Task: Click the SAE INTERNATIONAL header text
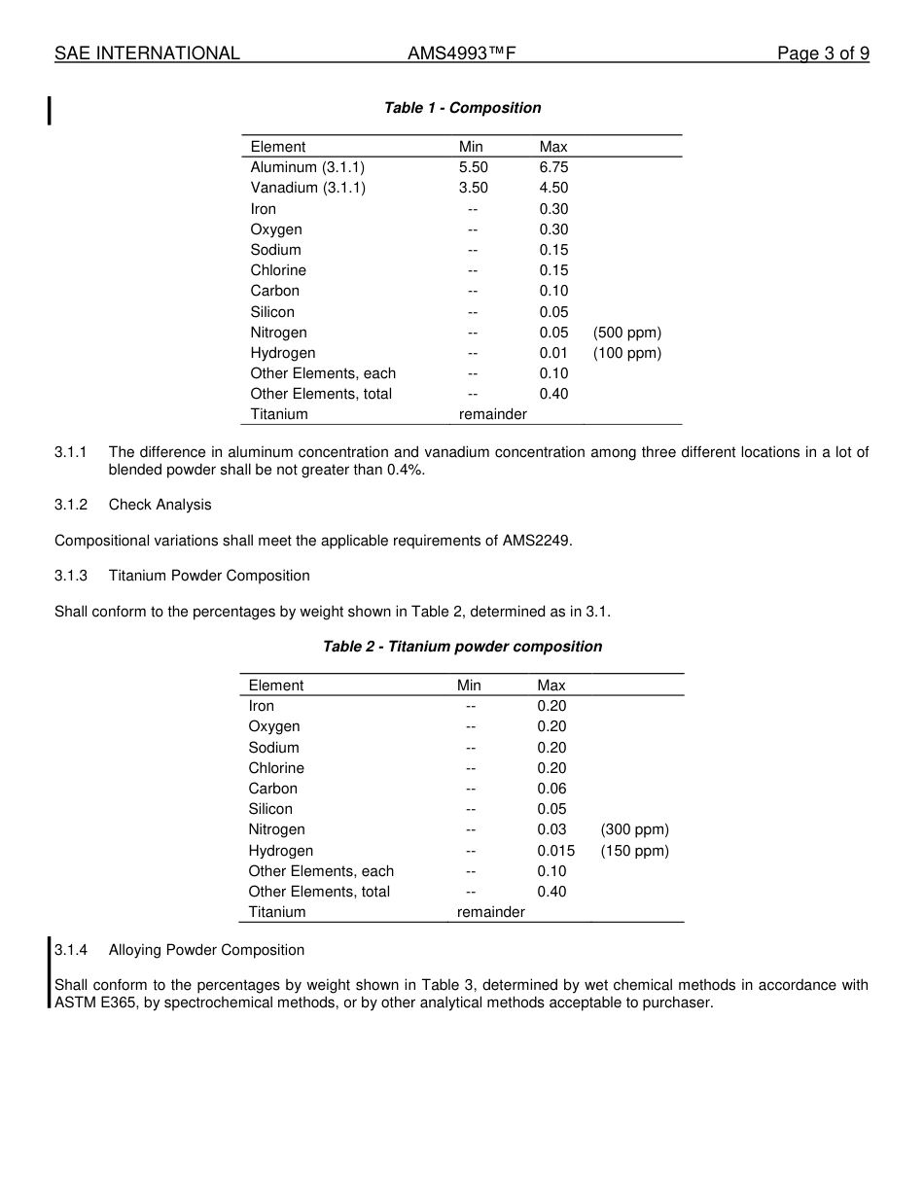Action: coord(147,53)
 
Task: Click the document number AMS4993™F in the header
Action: coord(461,53)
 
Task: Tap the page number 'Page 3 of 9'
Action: coord(823,53)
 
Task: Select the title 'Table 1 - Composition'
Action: coord(462,108)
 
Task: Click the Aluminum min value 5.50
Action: coord(474,167)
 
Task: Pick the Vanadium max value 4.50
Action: coord(553,188)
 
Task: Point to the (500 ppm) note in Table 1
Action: coord(627,333)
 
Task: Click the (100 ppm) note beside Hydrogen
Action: coord(627,353)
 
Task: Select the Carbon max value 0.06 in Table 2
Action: coord(551,789)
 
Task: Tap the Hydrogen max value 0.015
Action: coord(555,851)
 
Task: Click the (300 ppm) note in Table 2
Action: coord(634,829)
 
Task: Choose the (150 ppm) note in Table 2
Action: coord(634,851)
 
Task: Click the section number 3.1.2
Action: coord(71,505)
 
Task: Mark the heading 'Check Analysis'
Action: coord(160,505)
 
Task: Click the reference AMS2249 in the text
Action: coord(535,541)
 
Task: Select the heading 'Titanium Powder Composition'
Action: coord(209,576)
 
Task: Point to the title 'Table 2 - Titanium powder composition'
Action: coord(462,647)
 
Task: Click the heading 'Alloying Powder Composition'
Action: coord(206,950)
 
